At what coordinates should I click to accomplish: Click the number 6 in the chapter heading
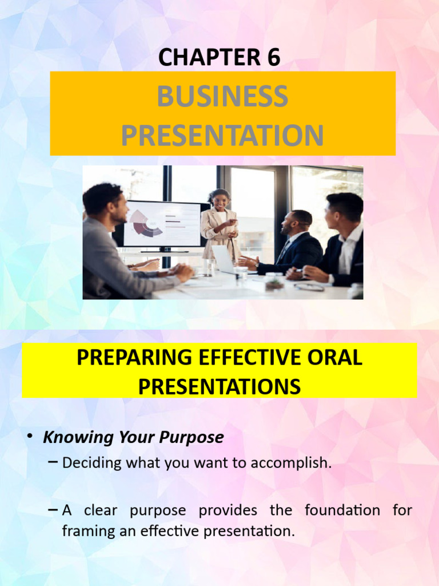pos(273,57)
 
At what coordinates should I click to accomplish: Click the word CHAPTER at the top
pos(204,57)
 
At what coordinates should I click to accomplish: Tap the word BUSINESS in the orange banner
pos(222,96)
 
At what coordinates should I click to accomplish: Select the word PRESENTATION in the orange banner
pos(222,136)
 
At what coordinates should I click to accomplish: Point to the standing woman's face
pos(220,201)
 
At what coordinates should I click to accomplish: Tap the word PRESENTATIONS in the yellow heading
pos(219,387)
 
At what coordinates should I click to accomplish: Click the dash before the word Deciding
pos(53,462)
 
